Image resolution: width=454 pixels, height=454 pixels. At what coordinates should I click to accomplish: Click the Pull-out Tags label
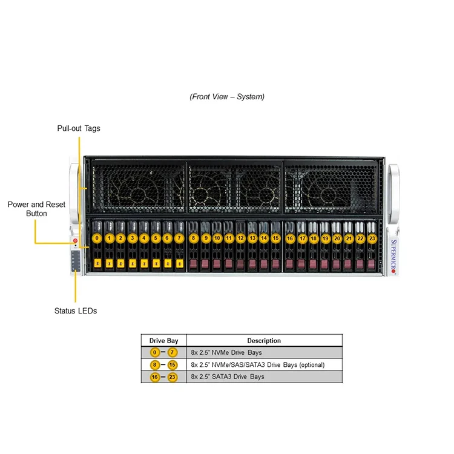(x=79, y=128)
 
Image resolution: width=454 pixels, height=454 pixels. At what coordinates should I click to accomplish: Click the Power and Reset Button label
(x=36, y=209)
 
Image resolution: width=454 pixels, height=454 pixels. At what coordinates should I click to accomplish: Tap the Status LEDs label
(x=75, y=311)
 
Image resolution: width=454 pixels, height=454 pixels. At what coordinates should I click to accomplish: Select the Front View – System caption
(x=227, y=96)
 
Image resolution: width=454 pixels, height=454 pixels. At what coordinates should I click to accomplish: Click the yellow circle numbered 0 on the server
(x=97, y=239)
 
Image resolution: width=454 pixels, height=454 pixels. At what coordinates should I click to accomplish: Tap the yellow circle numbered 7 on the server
(x=179, y=239)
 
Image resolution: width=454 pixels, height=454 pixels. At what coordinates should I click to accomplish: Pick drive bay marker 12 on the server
(x=240, y=239)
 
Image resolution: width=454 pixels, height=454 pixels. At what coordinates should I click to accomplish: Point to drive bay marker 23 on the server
(x=372, y=239)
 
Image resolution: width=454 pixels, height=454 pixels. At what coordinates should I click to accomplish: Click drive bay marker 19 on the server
(x=325, y=239)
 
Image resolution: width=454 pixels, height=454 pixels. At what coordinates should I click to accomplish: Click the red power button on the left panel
(x=75, y=241)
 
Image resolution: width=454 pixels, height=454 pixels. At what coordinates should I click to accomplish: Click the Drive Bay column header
(x=163, y=341)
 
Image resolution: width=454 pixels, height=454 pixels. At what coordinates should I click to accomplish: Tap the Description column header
(x=264, y=341)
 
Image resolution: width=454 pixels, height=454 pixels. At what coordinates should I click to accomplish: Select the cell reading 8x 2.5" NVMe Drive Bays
(x=226, y=352)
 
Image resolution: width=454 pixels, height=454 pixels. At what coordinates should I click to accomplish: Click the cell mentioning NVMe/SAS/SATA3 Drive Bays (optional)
(x=257, y=365)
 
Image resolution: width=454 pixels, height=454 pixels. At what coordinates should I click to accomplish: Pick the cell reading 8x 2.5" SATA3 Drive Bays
(x=227, y=377)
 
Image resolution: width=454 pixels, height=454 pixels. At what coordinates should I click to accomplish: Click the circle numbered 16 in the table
(x=154, y=377)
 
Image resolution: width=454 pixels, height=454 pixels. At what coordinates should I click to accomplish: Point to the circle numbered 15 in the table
(x=173, y=365)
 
